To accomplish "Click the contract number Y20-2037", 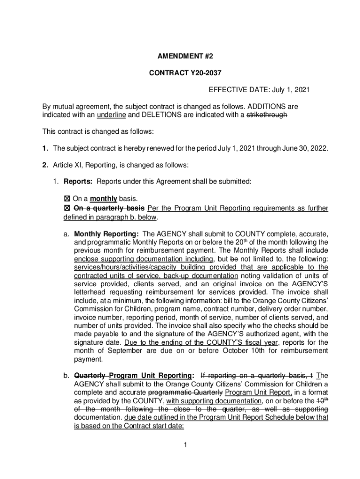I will pyautogui.click(x=197, y=73).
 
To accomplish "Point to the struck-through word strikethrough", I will pyautogui.click(x=266, y=115).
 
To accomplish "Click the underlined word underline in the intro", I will pyautogui.click(x=111, y=115).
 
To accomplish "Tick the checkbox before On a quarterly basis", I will pyautogui.click(x=67, y=208).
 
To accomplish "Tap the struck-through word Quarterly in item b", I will pyautogui.click(x=90, y=375).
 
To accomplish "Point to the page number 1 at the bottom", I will pyautogui.click(x=185, y=445).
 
